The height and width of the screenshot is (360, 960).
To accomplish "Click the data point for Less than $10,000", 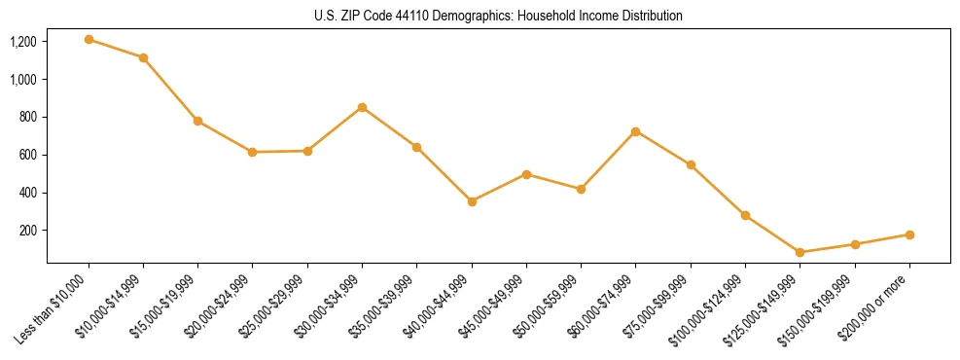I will (89, 40).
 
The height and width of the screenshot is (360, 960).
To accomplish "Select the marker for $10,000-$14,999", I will (143, 58).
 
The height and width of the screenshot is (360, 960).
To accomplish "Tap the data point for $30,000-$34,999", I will (362, 107).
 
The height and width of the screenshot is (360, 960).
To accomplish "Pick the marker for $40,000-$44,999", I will (472, 201).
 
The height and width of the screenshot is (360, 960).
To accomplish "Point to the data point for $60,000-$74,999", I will (635, 131).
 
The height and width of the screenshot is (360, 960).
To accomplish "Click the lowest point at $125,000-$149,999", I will (800, 252).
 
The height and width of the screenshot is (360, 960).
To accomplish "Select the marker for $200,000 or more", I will (909, 234).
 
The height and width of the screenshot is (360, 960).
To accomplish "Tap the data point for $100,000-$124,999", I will (745, 215).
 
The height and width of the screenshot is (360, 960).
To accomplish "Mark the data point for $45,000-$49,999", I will (526, 174).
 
